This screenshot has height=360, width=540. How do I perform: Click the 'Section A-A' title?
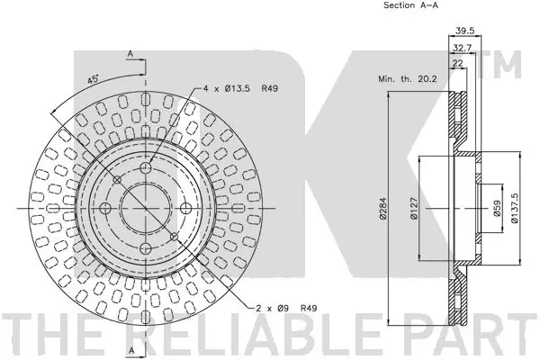pos(411,5)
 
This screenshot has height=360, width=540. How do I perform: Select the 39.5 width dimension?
pos(465,31)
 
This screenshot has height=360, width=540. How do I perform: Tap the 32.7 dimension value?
pos(462,48)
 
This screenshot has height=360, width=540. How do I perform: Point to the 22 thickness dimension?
pos(458,63)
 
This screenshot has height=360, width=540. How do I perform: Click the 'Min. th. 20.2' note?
pos(408,79)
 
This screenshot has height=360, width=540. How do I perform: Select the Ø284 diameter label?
pos(383,208)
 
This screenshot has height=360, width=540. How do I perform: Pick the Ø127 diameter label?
pos(414,208)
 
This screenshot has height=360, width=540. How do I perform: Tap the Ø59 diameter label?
pos(496,209)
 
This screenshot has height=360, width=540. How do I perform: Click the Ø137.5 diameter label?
pos(515,208)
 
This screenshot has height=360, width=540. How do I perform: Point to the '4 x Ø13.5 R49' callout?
pos(240,88)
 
